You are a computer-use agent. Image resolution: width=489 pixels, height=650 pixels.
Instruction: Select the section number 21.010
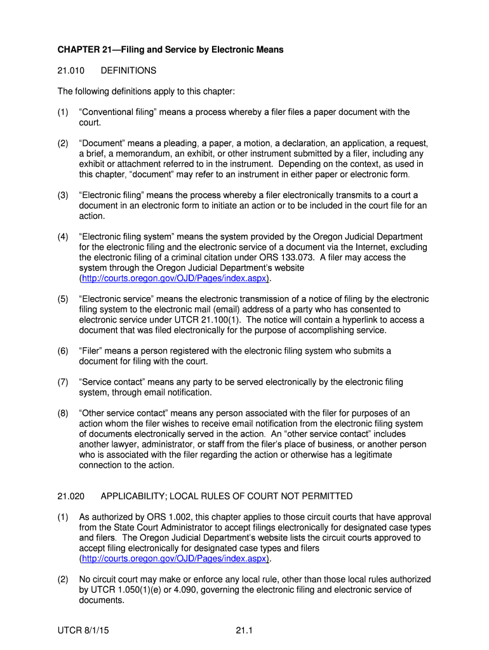click(x=69, y=70)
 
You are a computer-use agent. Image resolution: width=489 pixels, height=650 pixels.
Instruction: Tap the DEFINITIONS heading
click(x=128, y=70)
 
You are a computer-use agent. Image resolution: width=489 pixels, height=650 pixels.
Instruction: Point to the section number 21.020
click(x=69, y=496)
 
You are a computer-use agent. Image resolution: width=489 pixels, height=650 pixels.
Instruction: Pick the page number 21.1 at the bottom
click(x=244, y=630)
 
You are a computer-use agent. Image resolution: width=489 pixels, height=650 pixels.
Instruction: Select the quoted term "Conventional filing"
click(x=118, y=112)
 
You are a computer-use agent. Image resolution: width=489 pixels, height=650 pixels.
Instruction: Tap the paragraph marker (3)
click(x=63, y=196)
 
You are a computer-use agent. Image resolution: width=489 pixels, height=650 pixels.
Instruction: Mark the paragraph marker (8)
click(x=63, y=413)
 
